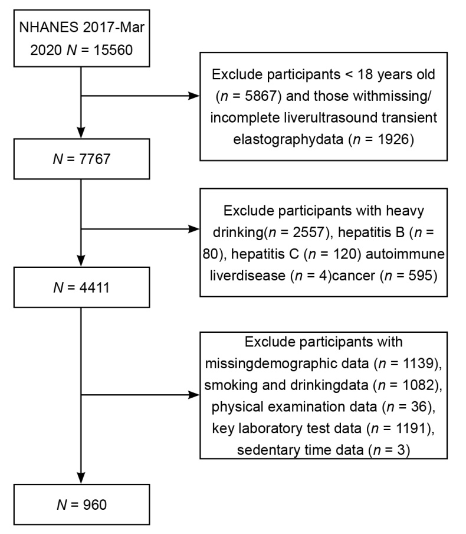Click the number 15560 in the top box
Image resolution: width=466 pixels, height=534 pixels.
113,50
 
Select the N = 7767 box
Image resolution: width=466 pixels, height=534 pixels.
81,159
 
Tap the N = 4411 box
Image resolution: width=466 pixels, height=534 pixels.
81,287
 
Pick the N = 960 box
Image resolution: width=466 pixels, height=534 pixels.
81,504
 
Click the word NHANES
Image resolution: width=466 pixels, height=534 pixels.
49,27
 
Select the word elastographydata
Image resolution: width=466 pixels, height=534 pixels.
288,140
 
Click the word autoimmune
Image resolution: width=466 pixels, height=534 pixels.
405,254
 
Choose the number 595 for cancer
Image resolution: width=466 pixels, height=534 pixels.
420,276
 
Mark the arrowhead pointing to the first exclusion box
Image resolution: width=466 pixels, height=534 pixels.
194,96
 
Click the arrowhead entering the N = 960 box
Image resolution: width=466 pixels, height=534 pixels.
81,478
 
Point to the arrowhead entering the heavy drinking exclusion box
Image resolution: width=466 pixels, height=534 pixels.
194,229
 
